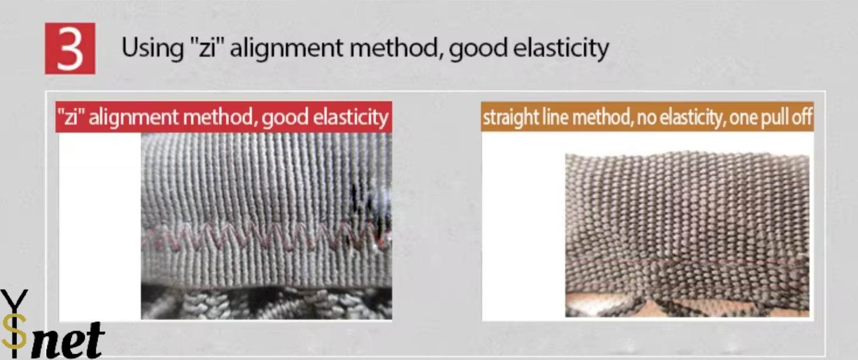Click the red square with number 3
point(70,49)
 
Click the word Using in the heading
point(153,49)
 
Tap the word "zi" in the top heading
point(207,47)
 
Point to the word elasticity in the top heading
point(561,49)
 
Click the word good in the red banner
point(285,117)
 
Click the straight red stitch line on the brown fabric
point(687,262)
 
